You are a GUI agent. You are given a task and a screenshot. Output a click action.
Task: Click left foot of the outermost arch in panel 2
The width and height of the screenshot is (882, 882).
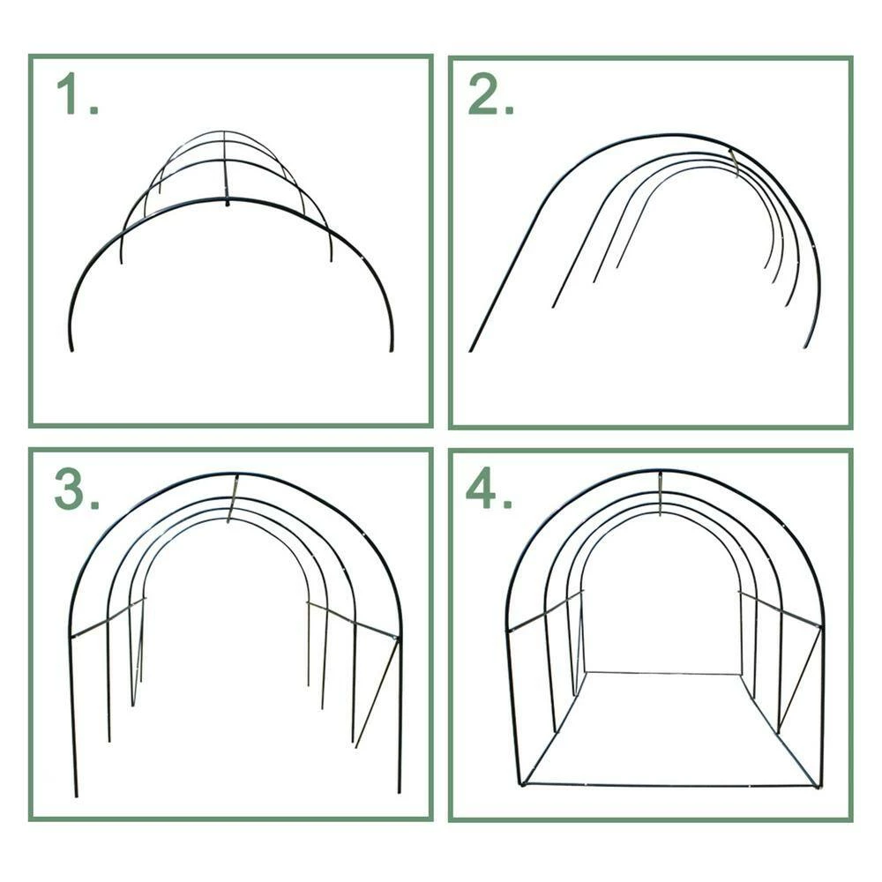point(471,349)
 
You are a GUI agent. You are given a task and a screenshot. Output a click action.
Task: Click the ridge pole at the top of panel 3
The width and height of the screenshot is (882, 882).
point(233,498)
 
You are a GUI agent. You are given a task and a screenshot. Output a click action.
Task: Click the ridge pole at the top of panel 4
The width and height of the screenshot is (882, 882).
point(661,494)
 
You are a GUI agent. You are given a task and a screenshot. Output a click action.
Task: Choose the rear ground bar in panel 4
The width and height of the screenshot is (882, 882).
point(662,673)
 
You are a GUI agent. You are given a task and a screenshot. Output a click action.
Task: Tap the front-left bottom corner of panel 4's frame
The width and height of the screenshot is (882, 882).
point(521,784)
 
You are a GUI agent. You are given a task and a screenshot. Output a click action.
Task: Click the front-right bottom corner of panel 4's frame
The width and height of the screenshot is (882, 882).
point(818,787)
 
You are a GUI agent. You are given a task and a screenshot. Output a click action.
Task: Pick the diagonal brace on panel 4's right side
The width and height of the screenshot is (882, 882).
point(799,681)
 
